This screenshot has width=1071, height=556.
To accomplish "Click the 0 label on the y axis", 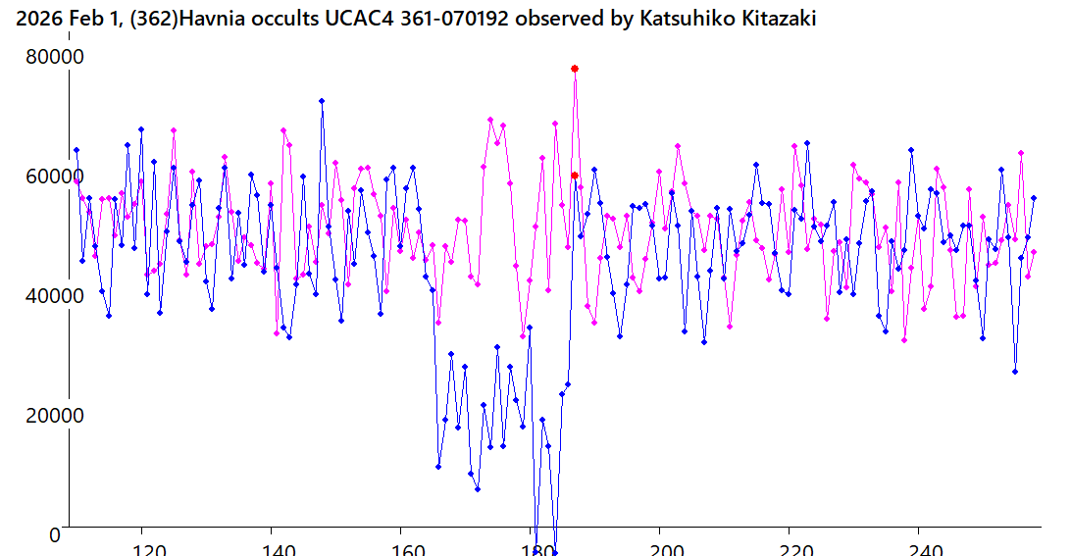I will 55,533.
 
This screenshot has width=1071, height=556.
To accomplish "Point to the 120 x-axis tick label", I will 143,550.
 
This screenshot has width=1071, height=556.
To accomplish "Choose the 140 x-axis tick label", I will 273,550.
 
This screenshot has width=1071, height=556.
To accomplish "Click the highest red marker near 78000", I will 575,69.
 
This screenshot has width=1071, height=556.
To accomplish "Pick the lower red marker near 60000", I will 575,176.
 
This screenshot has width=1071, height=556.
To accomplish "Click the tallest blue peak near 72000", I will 322,101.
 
